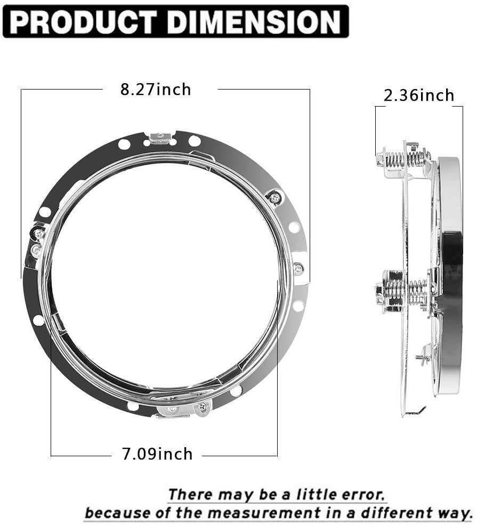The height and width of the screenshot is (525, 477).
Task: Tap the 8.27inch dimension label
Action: click(155, 89)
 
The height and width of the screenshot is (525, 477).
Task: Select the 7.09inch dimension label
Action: click(157, 454)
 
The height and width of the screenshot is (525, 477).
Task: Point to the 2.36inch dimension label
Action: click(419, 95)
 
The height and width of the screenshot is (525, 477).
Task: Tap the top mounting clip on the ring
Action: click(161, 139)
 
